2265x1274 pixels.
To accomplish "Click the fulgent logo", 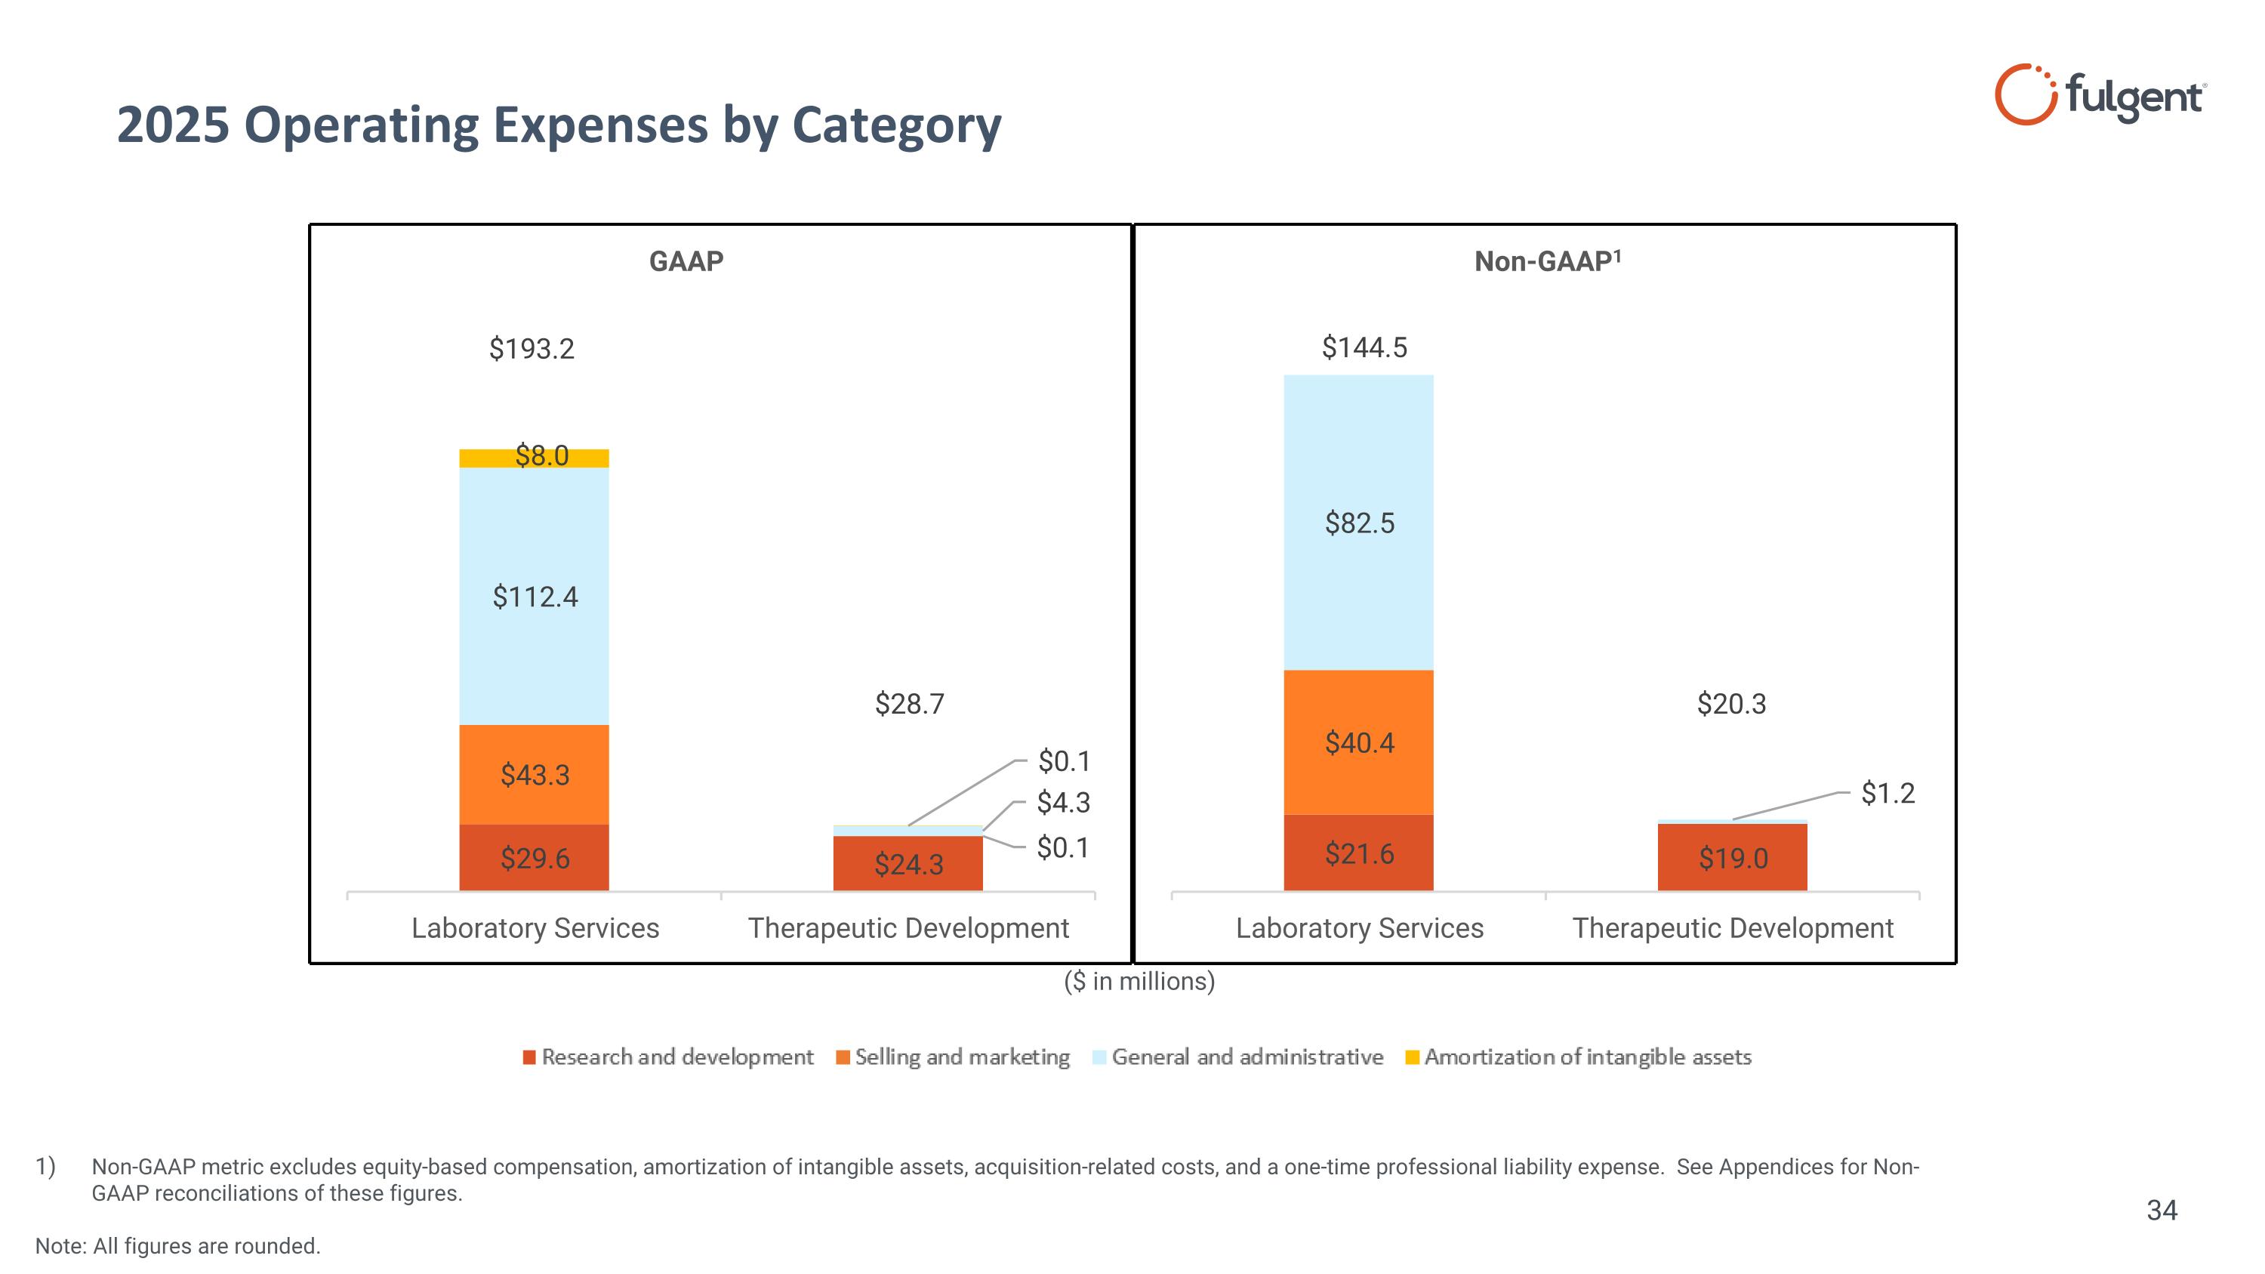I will coord(2099,95).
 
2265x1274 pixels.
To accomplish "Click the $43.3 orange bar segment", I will coord(534,775).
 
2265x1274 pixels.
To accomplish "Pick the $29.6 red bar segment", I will coord(534,858).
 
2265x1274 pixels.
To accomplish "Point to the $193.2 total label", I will coord(531,349).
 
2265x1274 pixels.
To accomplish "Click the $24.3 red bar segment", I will coord(908,864).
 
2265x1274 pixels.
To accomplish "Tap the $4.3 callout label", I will coord(1063,803).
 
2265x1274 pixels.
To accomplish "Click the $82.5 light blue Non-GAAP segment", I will coord(1358,523).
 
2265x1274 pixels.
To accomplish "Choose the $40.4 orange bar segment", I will coord(1358,743).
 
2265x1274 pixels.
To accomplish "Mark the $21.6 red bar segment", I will coord(1358,853).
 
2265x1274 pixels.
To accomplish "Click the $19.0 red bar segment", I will coord(1732,858).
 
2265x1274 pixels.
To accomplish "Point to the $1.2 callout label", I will coord(1887,793).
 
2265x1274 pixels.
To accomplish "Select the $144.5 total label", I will coord(1364,348).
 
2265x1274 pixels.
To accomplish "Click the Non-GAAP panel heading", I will coord(1547,261).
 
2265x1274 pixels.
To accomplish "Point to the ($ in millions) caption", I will coord(1139,981).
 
